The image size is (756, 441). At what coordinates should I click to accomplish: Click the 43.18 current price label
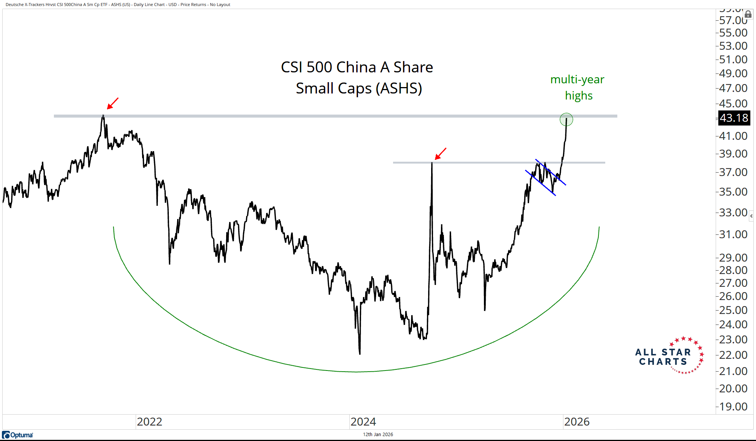point(733,118)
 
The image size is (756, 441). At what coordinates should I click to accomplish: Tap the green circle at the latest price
point(566,119)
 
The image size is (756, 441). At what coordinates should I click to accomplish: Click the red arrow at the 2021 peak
point(113,103)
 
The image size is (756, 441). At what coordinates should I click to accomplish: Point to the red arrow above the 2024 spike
point(441,153)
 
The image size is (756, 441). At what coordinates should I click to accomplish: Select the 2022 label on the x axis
point(149,421)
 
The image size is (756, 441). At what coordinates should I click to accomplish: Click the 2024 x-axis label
point(363,421)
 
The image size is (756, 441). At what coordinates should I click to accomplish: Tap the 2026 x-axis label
point(577,421)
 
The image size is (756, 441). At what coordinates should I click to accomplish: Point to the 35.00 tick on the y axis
point(733,192)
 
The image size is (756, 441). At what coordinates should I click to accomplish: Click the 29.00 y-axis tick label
point(733,258)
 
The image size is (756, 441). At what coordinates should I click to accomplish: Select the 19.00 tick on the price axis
point(733,407)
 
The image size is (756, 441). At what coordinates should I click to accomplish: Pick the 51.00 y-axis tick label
point(733,60)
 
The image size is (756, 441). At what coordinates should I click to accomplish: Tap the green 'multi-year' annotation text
point(577,80)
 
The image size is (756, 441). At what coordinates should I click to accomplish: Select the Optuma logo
point(18,435)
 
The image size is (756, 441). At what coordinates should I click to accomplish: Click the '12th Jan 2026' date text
point(378,435)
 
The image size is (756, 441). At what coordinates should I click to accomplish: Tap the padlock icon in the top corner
point(748,14)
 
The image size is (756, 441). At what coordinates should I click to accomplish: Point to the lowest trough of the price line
point(360,354)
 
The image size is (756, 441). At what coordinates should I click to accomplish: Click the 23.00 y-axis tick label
point(733,340)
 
